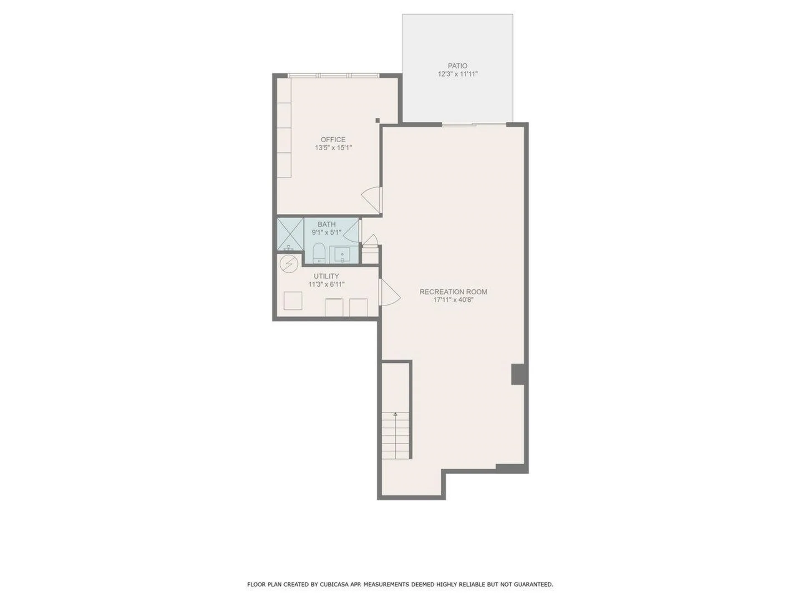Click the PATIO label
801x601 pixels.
tap(457, 66)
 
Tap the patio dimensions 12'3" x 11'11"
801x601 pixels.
tap(457, 74)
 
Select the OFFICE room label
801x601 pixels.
tap(333, 140)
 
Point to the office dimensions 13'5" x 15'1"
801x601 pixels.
tap(333, 148)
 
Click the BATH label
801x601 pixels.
tap(326, 225)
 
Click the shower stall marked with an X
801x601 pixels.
tap(290, 234)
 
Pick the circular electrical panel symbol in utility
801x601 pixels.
tap(288, 264)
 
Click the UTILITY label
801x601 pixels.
tap(326, 276)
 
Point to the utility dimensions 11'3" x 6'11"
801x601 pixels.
tap(326, 285)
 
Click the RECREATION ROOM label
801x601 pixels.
tap(453, 292)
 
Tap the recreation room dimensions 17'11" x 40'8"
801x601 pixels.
tap(453, 300)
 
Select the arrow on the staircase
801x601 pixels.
tap(395, 414)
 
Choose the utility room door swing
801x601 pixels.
tap(389, 293)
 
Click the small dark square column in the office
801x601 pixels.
tap(378, 121)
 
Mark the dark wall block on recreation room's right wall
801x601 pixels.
tap(518, 374)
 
